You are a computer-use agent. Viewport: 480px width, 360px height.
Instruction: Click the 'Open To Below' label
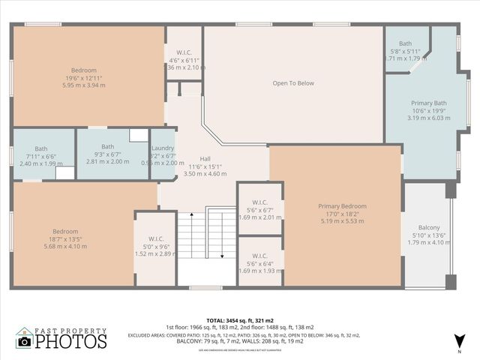pyautogui.click(x=293, y=83)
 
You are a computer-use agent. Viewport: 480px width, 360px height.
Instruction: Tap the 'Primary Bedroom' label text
pyautogui.click(x=342, y=206)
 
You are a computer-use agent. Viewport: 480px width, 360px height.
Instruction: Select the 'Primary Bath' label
pyautogui.click(x=429, y=103)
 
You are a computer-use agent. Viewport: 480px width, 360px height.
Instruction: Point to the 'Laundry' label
pyautogui.click(x=163, y=148)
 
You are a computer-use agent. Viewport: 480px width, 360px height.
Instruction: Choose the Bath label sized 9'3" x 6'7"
pyautogui.click(x=108, y=146)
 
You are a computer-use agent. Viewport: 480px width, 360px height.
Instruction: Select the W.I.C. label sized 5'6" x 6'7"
pyautogui.click(x=260, y=202)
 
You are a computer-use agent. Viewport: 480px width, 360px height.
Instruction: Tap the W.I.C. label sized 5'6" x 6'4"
pyautogui.click(x=260, y=256)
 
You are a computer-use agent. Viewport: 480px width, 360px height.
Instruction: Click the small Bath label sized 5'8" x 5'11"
pyautogui.click(x=406, y=43)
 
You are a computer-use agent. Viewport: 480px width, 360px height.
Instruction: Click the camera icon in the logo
pyautogui.click(x=25, y=342)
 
